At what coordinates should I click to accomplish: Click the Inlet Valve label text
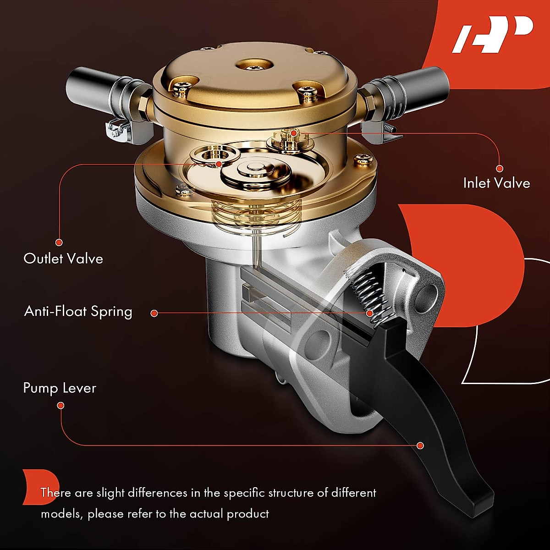pos(496,183)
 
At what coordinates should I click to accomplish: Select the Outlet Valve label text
pos(63,258)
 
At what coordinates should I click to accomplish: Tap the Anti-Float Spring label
pos(78,312)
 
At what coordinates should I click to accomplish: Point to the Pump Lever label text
pos(60,388)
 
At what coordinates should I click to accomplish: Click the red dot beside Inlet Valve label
pos(500,169)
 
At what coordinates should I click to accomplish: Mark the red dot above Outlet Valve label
pos(59,242)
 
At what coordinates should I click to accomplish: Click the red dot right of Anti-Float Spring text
pos(154,313)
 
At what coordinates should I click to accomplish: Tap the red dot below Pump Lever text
pos(60,405)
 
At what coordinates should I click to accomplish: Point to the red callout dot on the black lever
pos(420,445)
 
